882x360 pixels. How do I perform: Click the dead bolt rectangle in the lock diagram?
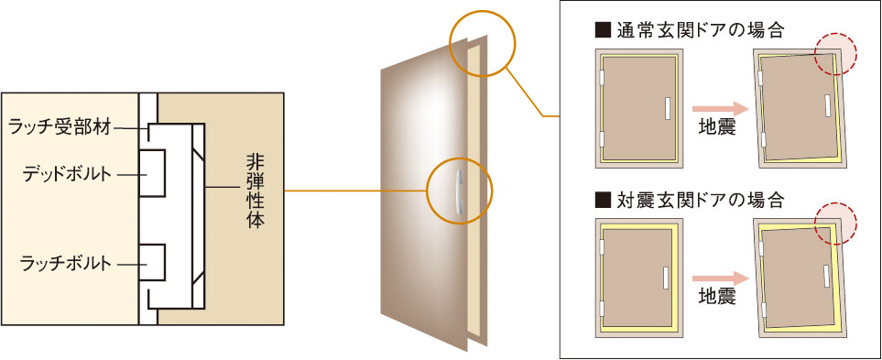tap(152, 173)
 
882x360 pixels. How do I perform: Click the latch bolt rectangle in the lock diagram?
tap(152, 263)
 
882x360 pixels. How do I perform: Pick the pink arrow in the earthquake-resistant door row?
tap(721, 278)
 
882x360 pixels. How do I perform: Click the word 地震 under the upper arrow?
tap(717, 127)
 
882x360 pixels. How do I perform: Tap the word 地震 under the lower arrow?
tap(717, 297)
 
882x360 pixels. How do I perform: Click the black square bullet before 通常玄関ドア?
tap(600, 30)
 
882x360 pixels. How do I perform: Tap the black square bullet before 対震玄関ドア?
tap(600, 199)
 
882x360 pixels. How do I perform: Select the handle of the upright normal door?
tap(667, 108)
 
